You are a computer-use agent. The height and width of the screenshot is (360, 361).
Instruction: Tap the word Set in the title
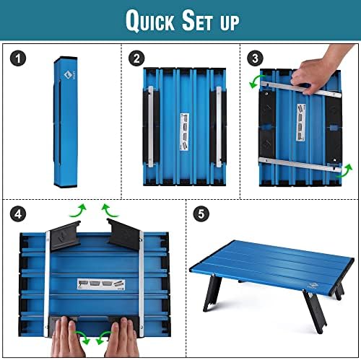click(200, 21)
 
